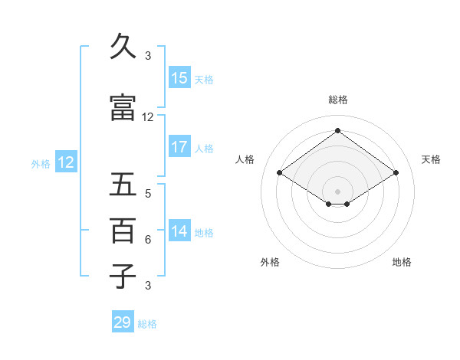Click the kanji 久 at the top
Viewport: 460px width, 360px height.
pyautogui.click(x=123, y=47)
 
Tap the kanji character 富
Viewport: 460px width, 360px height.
pyautogui.click(x=123, y=108)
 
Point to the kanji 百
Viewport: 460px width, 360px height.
pyautogui.click(x=123, y=230)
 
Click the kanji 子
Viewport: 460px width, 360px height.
pyautogui.click(x=123, y=276)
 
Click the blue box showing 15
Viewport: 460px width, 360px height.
pyautogui.click(x=179, y=78)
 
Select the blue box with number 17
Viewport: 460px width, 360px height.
pyautogui.click(x=179, y=147)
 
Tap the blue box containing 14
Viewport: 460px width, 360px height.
pyautogui.click(x=179, y=232)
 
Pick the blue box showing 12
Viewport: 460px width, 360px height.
pyautogui.click(x=66, y=162)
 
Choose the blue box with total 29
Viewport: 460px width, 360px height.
pyautogui.click(x=123, y=322)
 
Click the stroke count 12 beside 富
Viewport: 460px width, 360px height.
pyautogui.click(x=148, y=117)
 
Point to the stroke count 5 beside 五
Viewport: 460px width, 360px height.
pyautogui.click(x=148, y=194)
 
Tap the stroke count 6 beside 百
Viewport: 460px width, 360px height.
pyautogui.click(x=148, y=240)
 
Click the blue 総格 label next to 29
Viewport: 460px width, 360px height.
pyautogui.click(x=148, y=324)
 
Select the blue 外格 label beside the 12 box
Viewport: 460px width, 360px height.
pyautogui.click(x=41, y=163)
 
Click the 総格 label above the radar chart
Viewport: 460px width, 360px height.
pyautogui.click(x=337, y=100)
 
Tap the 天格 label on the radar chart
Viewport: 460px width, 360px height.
pyautogui.click(x=432, y=159)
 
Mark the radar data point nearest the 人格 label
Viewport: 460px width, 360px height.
pyautogui.click(x=280, y=173)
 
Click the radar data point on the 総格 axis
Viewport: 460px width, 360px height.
pyautogui.click(x=337, y=131)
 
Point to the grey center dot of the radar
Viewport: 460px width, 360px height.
pyautogui.click(x=337, y=191)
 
